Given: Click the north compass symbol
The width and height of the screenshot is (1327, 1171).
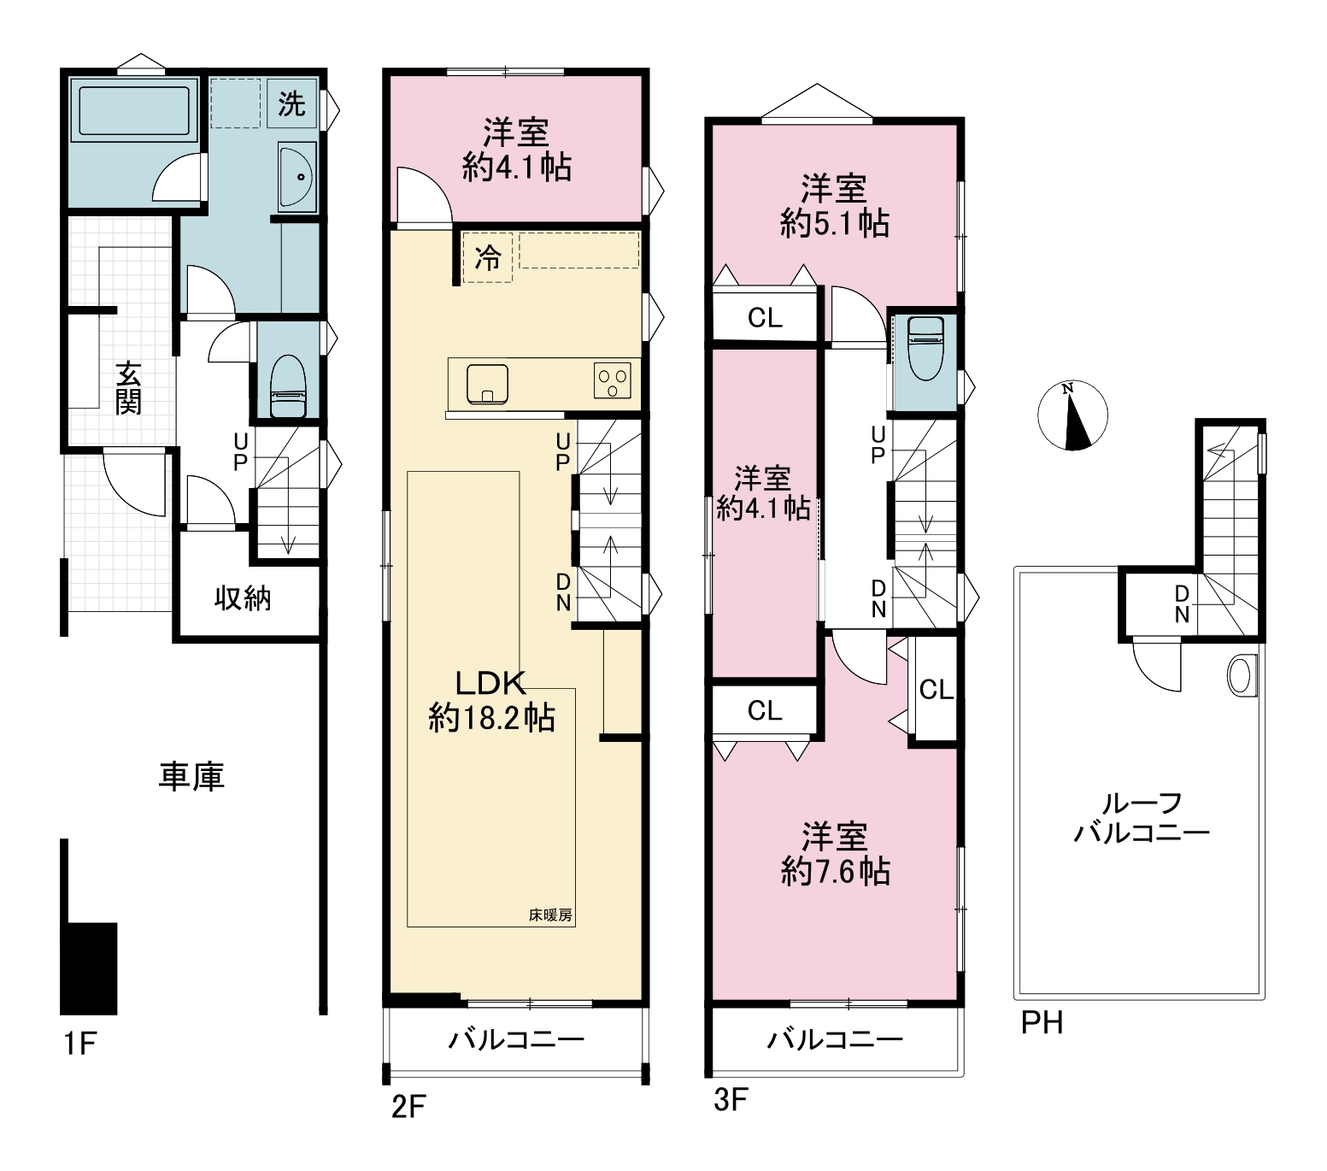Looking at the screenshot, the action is pos(1074,415).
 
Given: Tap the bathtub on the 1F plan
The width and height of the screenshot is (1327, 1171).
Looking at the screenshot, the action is pos(133,111).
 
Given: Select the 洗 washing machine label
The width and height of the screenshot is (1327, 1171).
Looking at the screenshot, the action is pos(291,104).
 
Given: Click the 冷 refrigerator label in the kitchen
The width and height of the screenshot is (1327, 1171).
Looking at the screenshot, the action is pos(488,257).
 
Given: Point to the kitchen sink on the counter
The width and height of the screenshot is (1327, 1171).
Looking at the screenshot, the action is pos(488,383).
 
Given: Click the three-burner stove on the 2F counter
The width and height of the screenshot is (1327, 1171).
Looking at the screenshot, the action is pos(613,380).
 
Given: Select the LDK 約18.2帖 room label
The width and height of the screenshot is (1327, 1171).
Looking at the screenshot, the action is pos(491,700).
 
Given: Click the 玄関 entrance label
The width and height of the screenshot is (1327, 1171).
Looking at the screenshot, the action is pos(129,388).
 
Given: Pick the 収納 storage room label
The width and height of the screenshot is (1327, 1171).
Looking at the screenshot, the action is pos(243,597).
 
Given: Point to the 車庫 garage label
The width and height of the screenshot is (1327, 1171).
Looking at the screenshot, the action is pos(191,776).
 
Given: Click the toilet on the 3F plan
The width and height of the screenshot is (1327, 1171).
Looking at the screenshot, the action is pos(925,348).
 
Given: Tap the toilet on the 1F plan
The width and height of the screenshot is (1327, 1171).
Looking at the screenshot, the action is pos(288,386).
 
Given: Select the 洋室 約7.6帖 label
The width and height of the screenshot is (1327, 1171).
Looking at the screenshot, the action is pos(835,853).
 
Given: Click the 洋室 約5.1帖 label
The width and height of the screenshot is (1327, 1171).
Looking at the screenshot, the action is pos(835,205).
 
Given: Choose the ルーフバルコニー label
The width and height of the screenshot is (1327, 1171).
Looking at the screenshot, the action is pos(1142,817).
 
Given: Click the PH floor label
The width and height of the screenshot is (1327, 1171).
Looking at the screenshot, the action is pos(1042,1022).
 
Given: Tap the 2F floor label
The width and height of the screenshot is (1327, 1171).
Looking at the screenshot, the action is pos(408,1106).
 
